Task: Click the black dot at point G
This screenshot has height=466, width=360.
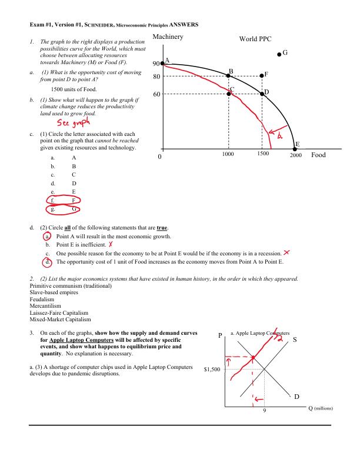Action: [279, 54]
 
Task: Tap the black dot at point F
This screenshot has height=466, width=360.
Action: [262, 75]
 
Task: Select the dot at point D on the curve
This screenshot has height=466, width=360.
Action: [262, 93]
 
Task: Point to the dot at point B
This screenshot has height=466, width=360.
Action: [229, 75]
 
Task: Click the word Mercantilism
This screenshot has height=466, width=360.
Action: [46, 307]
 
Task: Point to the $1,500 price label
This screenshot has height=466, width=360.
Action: [212, 370]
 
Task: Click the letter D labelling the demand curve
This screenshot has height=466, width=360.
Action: [297, 397]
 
